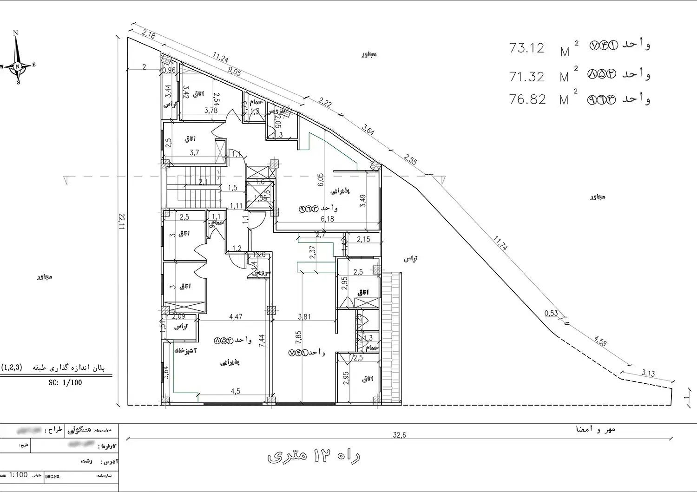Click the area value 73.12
pyautogui.click(x=526, y=48)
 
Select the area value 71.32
pyautogui.click(x=526, y=77)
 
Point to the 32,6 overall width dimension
pyautogui.click(x=399, y=435)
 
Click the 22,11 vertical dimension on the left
pyautogui.click(x=122, y=223)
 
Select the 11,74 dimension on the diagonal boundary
pyautogui.click(x=500, y=243)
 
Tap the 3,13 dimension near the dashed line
pyautogui.click(x=648, y=373)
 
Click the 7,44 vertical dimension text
pyautogui.click(x=262, y=341)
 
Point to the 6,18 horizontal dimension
pyautogui.click(x=327, y=219)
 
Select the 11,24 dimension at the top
pyautogui.click(x=220, y=57)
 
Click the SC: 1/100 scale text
pyautogui.click(x=65, y=383)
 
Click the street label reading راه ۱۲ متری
pyautogui.click(x=314, y=456)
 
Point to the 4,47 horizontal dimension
pyautogui.click(x=235, y=317)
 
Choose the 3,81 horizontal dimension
pyautogui.click(x=304, y=317)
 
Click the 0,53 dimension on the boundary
pyautogui.click(x=551, y=313)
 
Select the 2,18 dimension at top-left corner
pyautogui.click(x=149, y=34)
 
